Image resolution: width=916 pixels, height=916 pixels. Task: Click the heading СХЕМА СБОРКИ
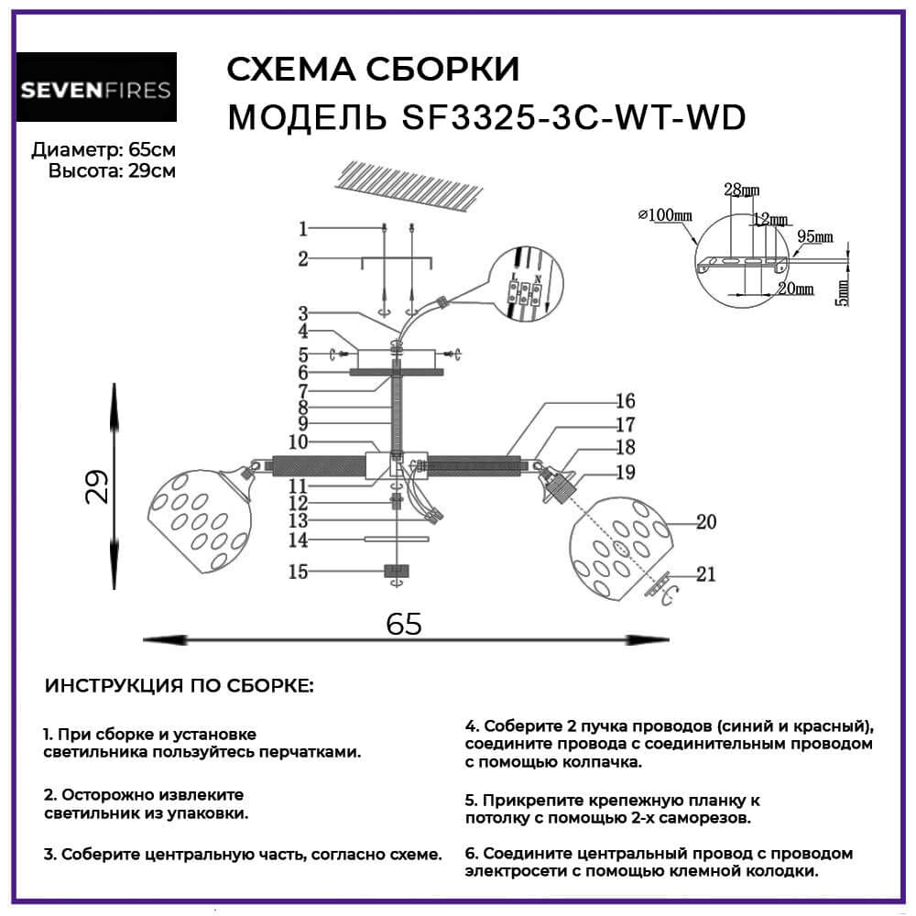tap(372, 70)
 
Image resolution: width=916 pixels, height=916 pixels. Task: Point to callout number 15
tap(298, 572)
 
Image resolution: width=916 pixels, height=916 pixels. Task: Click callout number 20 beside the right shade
tap(705, 522)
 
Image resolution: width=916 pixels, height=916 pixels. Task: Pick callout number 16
tap(626, 401)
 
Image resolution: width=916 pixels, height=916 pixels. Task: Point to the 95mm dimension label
tap(814, 236)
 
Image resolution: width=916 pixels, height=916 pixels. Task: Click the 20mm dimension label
tap(794, 289)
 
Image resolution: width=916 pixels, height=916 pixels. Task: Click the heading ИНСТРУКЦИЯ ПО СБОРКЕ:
tap(179, 686)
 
